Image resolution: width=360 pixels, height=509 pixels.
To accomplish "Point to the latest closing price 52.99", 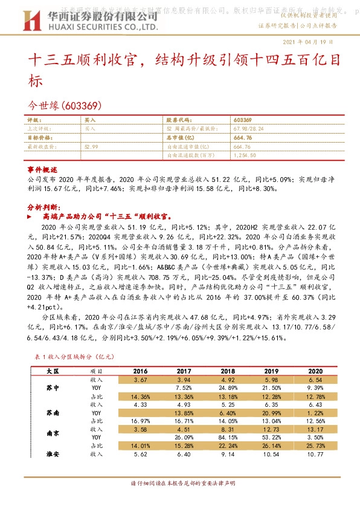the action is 92,146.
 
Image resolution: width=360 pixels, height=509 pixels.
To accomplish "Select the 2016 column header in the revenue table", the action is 140,370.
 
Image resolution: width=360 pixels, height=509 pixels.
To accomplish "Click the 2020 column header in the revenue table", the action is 314,370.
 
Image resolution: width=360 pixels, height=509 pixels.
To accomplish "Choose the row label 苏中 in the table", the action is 53,387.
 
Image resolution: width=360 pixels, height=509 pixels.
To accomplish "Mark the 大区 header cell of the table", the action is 53,370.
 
